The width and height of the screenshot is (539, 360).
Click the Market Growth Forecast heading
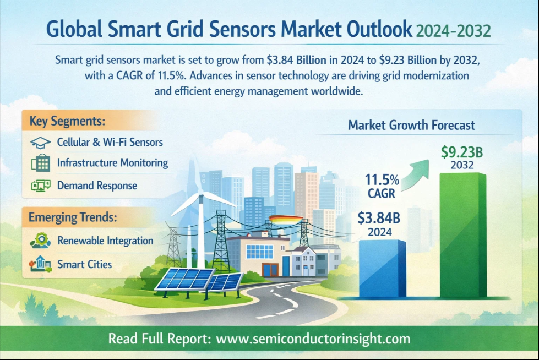411,126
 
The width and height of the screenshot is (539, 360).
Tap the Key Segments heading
67,121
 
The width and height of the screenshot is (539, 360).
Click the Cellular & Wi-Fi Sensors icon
40,142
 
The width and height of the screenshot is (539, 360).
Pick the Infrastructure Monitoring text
112,163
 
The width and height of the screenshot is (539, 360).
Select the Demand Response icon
40,186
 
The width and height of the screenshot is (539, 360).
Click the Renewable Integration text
105,241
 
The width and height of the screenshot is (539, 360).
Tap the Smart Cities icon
40,264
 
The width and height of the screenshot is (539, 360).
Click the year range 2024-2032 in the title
453,30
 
